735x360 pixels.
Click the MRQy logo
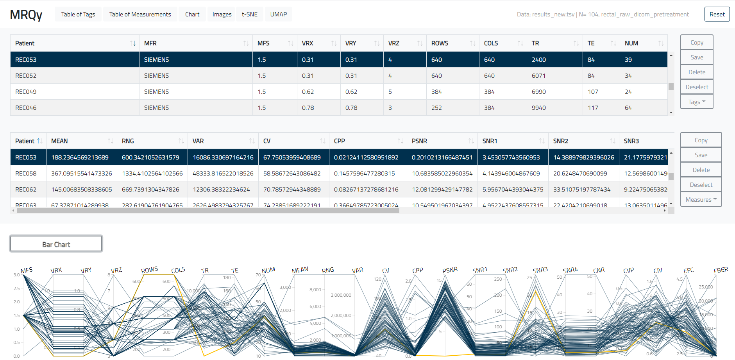click(26, 14)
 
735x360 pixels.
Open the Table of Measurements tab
click(140, 14)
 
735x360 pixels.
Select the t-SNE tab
click(249, 14)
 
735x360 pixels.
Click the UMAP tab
click(278, 14)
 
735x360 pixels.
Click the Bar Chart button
click(56, 244)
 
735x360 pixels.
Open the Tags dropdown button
click(696, 102)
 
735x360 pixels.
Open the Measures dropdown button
click(701, 200)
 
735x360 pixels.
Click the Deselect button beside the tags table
click(696, 87)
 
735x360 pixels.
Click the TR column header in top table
click(535, 43)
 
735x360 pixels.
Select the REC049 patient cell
click(26, 92)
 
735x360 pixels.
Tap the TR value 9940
click(538, 108)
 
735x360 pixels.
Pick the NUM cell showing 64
click(628, 108)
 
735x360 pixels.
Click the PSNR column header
click(419, 141)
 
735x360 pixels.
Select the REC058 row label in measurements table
click(26, 174)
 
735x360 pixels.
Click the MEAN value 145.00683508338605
click(82, 190)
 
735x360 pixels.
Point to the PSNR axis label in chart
click(450, 270)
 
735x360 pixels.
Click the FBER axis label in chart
click(721, 270)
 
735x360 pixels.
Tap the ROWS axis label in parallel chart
click(149, 270)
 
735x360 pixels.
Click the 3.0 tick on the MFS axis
click(16, 275)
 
